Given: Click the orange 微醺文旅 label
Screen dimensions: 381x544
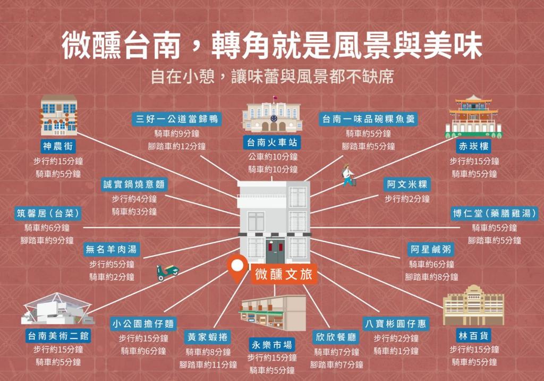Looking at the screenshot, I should pyautogui.click(x=283, y=274).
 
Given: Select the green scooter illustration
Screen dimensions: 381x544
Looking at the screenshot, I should pyautogui.click(x=167, y=272).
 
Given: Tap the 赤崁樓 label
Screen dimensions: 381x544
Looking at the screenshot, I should pyautogui.click(x=474, y=146).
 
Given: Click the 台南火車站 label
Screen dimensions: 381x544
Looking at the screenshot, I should pyautogui.click(x=273, y=142).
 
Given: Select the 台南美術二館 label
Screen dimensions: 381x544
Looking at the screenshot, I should pyautogui.click(x=58, y=336).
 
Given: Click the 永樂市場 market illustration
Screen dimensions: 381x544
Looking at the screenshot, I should pyautogui.click(x=273, y=313).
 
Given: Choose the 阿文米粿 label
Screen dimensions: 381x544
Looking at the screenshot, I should pyautogui.click(x=407, y=184).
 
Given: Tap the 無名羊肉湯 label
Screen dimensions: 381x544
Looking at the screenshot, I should pyautogui.click(x=112, y=249).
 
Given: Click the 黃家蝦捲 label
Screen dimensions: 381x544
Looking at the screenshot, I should pyautogui.click(x=208, y=337).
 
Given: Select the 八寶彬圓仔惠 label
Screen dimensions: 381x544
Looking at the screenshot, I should pyautogui.click(x=396, y=323).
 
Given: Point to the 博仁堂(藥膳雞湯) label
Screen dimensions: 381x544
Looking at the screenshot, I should pyautogui.click(x=495, y=213).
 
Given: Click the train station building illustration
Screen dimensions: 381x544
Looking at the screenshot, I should pyautogui.click(x=273, y=115).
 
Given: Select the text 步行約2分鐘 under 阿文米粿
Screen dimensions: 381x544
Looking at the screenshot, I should pyautogui.click(x=407, y=199).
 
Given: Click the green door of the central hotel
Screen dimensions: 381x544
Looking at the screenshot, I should pyautogui.click(x=275, y=252).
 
